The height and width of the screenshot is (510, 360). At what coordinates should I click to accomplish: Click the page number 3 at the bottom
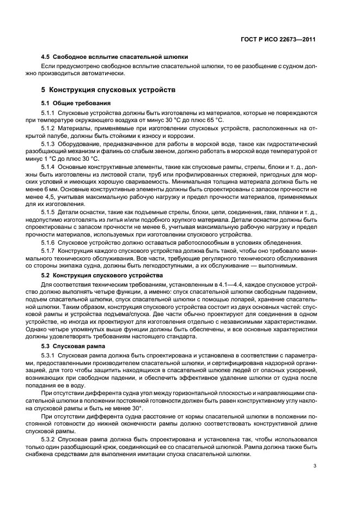(x=315, y=466)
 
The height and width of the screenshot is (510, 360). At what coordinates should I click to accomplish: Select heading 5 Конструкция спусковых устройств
(x=109, y=89)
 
